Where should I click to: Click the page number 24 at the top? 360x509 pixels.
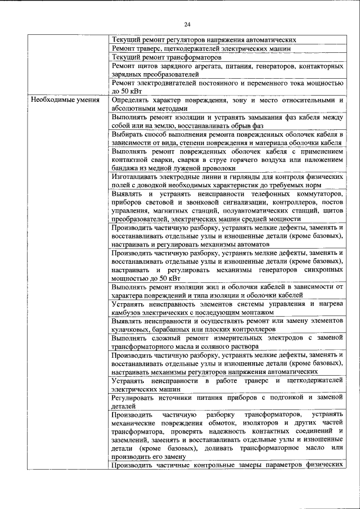(187, 24)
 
